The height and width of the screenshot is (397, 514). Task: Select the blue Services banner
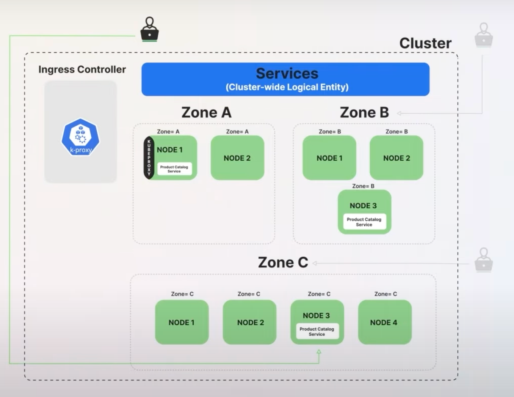[x=285, y=79]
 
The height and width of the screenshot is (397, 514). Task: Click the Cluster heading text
[x=425, y=43]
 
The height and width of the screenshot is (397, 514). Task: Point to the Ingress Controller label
[x=82, y=69]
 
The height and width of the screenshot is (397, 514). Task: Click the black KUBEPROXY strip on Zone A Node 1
[x=149, y=158]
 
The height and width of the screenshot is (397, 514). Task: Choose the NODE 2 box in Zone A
[x=237, y=158]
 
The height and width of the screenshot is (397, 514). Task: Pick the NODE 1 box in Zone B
[x=329, y=158]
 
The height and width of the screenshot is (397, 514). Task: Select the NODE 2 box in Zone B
[x=396, y=158]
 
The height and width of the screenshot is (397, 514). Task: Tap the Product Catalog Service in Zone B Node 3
[x=364, y=222]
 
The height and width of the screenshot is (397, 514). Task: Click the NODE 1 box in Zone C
[x=182, y=322]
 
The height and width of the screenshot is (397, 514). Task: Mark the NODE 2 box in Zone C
[x=250, y=322]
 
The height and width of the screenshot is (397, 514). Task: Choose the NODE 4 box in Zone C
[x=384, y=322]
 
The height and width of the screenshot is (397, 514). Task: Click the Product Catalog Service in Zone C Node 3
[x=317, y=331]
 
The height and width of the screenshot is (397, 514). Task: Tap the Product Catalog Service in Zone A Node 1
[x=174, y=169]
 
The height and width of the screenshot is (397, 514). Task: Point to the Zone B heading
[x=364, y=112]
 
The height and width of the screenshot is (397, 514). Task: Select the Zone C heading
[x=283, y=262]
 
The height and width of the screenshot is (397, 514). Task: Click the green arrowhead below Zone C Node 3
[x=319, y=352]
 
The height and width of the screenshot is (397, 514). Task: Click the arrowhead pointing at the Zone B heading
[x=399, y=113]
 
